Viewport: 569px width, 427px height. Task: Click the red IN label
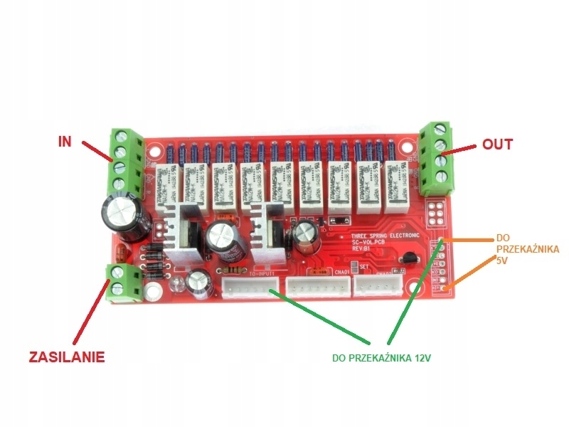(x=65, y=140)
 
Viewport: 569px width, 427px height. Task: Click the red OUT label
(x=497, y=144)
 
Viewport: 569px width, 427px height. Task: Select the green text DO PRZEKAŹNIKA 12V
(x=382, y=357)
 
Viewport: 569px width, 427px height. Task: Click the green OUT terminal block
(x=435, y=158)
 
